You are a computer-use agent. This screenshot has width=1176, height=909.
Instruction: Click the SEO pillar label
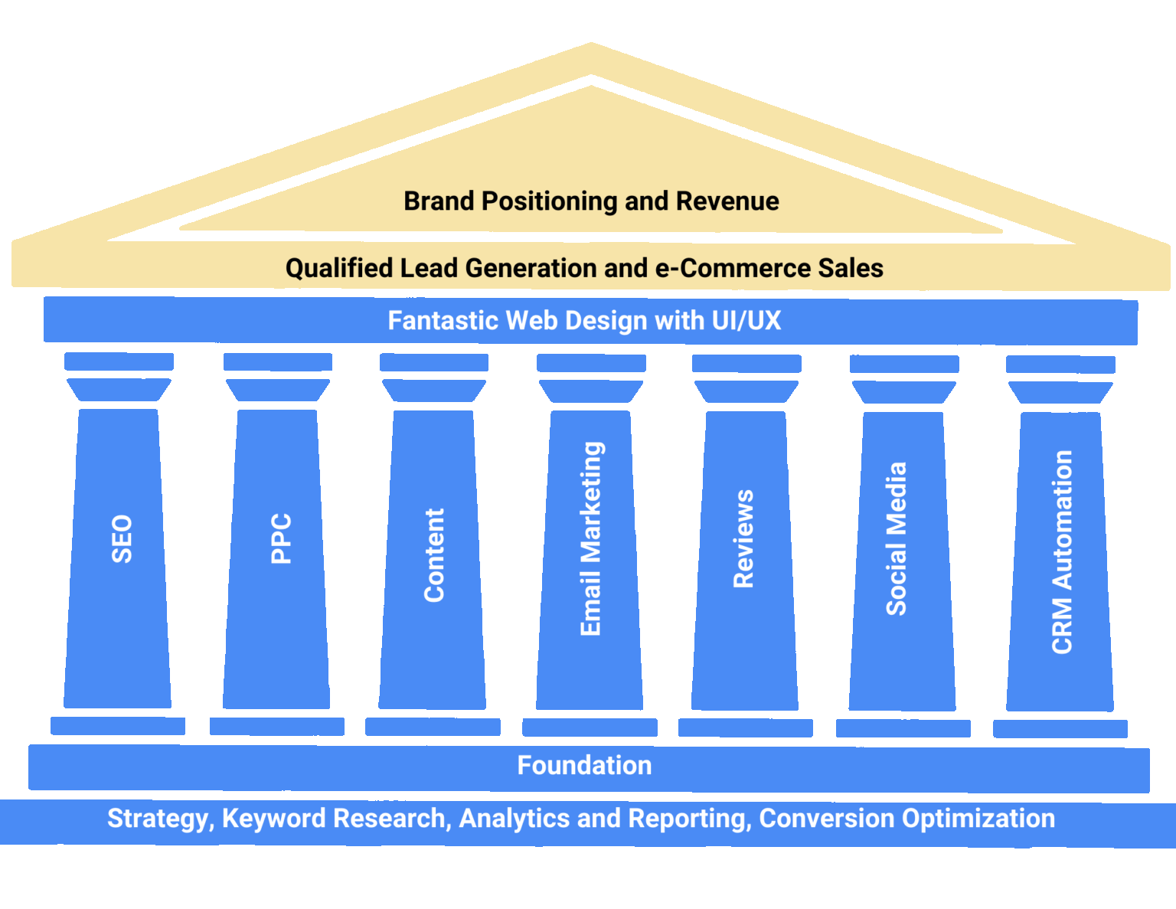[122, 539]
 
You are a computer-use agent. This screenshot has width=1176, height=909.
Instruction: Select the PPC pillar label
[281, 538]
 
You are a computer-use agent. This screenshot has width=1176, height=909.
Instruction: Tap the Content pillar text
[434, 555]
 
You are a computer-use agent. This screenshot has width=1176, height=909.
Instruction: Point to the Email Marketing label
[591, 539]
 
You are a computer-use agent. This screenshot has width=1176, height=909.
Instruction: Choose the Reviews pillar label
[743, 539]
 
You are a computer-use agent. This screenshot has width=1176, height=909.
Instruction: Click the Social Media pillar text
[896, 539]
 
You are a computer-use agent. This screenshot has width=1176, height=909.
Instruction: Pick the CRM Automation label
[1062, 551]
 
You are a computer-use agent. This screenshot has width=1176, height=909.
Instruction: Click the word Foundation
[584, 765]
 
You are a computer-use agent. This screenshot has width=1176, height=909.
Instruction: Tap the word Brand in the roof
[439, 201]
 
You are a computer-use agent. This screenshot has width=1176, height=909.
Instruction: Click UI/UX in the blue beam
[746, 320]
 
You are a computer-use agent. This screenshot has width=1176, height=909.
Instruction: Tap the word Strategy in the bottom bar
[157, 819]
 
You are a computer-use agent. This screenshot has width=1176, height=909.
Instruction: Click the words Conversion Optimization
[906, 819]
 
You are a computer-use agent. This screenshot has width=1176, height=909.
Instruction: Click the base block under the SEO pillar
[118, 726]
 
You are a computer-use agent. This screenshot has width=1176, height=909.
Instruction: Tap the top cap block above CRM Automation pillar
[1060, 365]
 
